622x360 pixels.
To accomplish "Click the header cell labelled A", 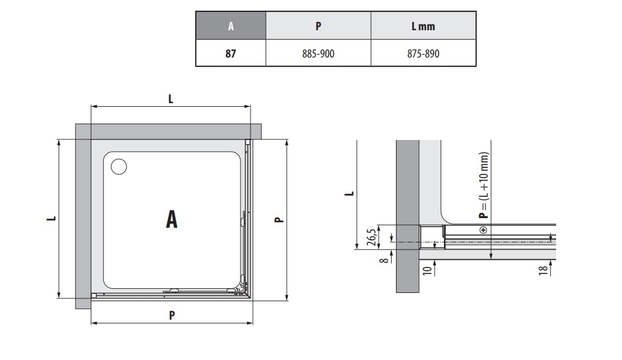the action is click(x=231, y=26).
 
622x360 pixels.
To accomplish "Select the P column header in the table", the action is click(x=318, y=26).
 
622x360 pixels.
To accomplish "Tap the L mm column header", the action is click(x=423, y=26).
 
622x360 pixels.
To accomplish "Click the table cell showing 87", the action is click(x=231, y=53).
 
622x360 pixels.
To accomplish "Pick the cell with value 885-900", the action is click(x=318, y=53).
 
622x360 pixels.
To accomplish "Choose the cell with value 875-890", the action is click(x=423, y=53).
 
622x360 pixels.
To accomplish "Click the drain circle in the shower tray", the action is click(x=119, y=167).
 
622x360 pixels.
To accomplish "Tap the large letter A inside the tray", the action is click(x=172, y=219).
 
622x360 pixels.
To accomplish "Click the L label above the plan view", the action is click(x=170, y=98).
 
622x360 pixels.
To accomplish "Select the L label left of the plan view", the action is click(x=52, y=218).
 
